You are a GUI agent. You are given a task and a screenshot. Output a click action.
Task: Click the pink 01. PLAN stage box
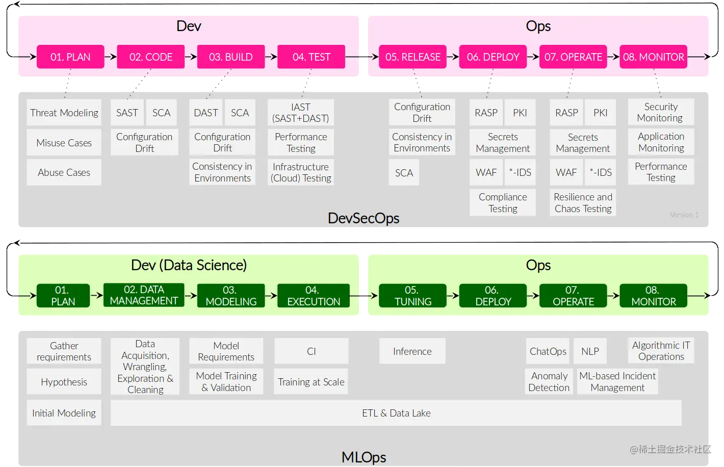click(x=70, y=57)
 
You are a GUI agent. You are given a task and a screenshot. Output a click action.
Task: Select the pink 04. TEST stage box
click(x=311, y=57)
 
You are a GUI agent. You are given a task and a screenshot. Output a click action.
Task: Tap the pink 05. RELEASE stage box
click(x=412, y=57)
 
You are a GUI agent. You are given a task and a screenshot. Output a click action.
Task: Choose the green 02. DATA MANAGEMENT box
click(x=144, y=295)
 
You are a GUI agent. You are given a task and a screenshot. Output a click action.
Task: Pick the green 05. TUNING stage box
click(x=412, y=296)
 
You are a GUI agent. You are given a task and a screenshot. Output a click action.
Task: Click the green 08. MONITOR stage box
click(x=653, y=296)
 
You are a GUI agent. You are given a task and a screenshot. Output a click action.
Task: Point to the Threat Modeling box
click(x=64, y=113)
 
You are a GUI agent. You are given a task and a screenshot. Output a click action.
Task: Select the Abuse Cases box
click(x=64, y=172)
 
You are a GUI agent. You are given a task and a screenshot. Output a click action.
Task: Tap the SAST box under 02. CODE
click(x=127, y=113)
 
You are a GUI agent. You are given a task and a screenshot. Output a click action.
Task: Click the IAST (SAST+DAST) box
click(x=300, y=113)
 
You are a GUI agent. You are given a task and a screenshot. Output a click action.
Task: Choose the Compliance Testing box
click(x=503, y=202)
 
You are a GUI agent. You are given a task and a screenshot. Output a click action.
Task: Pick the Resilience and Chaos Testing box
click(x=583, y=202)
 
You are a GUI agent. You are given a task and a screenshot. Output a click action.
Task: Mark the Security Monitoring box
click(x=661, y=112)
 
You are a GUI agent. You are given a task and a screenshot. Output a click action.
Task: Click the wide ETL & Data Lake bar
click(x=396, y=413)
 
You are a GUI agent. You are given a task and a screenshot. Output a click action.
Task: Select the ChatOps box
click(x=548, y=351)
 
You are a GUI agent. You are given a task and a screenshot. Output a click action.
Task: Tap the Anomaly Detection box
click(x=549, y=381)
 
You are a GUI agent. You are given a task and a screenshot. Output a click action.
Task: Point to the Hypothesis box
click(x=64, y=382)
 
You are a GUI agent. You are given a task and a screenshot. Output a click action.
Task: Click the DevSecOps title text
click(x=363, y=218)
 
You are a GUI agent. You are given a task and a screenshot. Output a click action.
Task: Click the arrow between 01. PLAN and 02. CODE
click(x=111, y=57)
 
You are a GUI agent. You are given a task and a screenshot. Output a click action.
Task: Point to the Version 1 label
click(x=684, y=215)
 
